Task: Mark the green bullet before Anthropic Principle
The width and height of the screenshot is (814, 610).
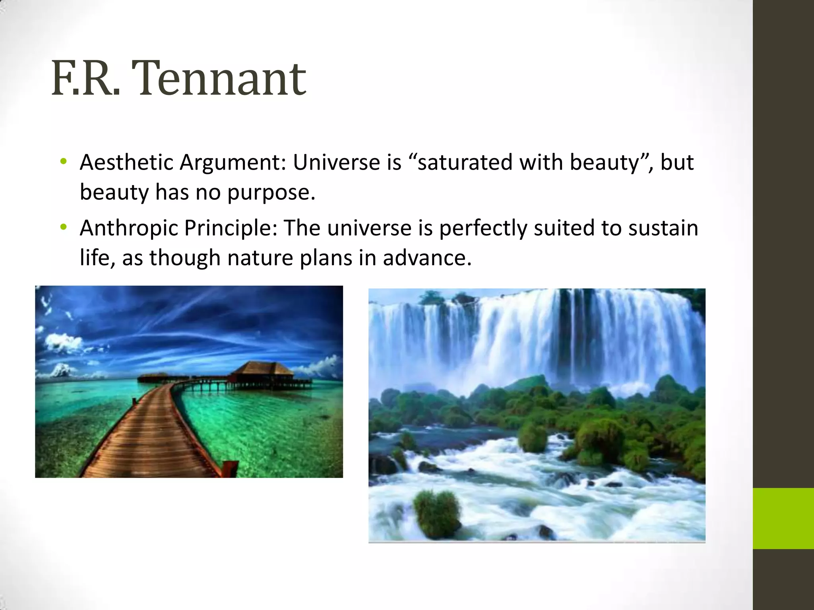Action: click(63, 228)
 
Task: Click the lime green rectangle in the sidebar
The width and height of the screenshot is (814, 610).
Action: click(783, 518)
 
